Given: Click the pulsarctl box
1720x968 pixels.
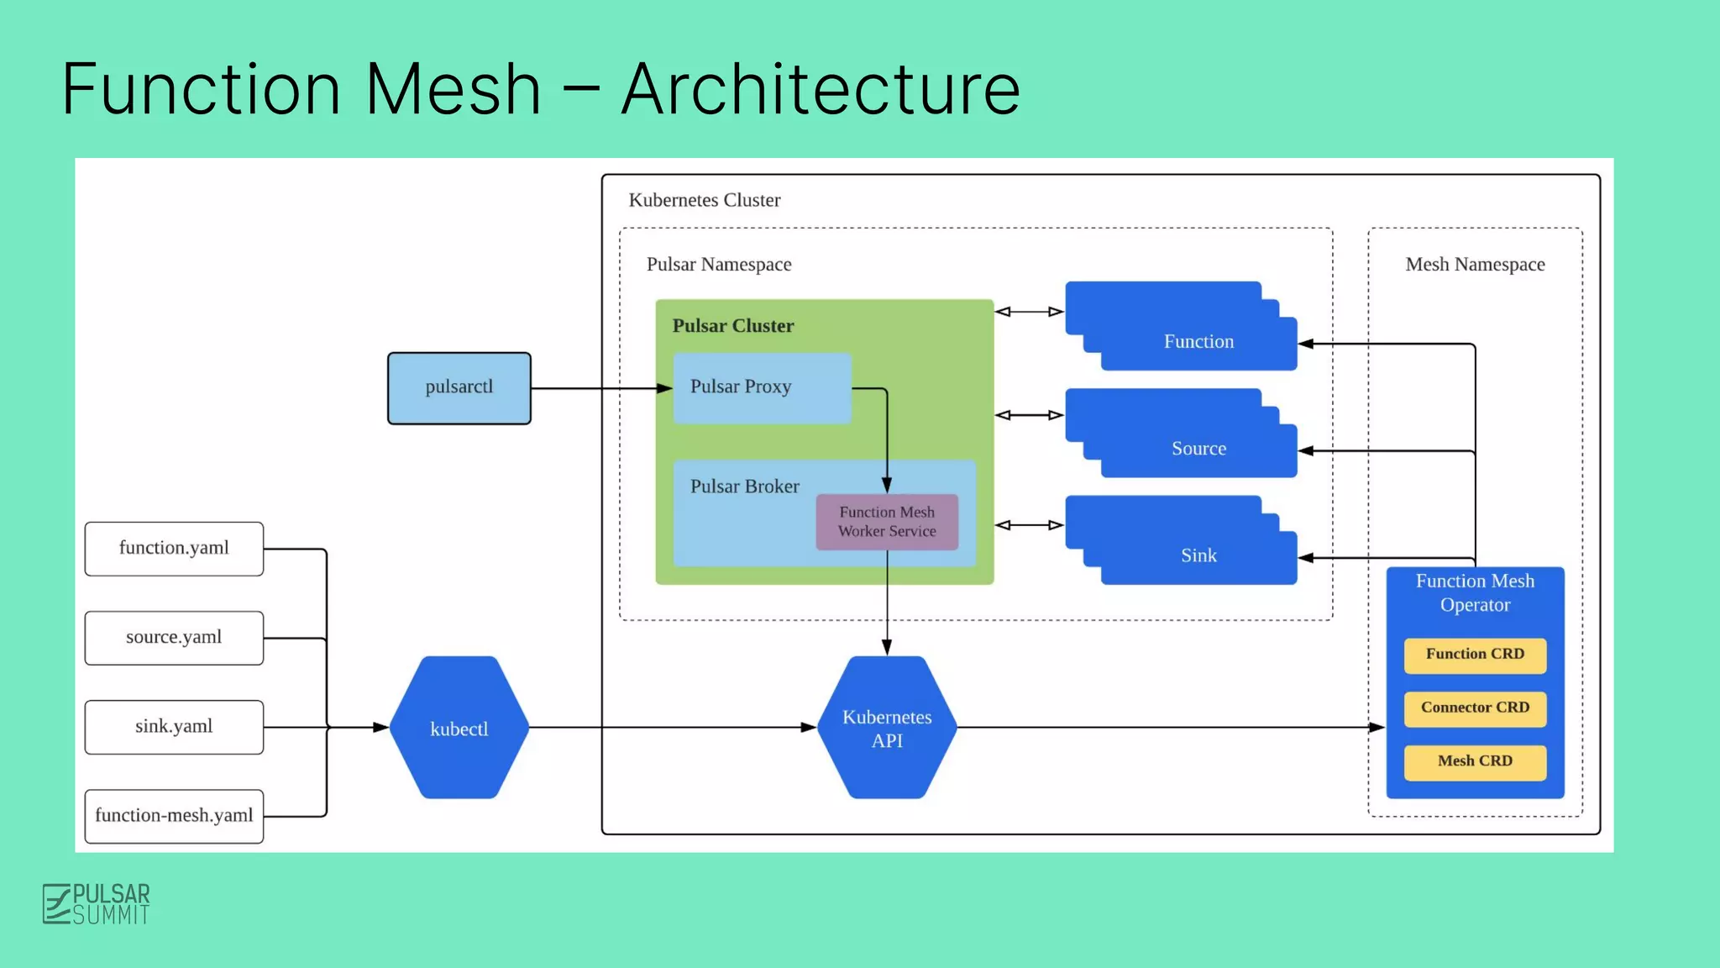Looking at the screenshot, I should coord(459,387).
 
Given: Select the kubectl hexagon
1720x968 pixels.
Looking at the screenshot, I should coord(459,728).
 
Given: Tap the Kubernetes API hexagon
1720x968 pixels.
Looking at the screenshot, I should coord(887,728).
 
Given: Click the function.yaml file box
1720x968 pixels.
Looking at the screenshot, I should coord(174,549).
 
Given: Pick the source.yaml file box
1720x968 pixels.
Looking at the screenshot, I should coord(174,638).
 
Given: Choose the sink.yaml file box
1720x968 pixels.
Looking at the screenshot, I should coord(174,727).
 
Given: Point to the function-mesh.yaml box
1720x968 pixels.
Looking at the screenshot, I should coord(174,816).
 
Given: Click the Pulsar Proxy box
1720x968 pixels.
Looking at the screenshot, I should coord(762,387).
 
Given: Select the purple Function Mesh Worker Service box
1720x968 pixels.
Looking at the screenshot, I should coord(887,522).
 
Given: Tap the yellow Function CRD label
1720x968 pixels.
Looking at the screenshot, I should coord(1475,655).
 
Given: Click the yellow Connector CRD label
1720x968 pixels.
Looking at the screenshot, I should coord(1475,708).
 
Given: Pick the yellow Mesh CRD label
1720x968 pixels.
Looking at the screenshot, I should coord(1475,761).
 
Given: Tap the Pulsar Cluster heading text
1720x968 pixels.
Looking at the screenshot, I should coord(732,326).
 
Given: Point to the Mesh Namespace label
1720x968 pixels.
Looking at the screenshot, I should coord(1475,265).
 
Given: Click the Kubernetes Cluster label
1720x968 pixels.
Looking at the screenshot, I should coord(704,201).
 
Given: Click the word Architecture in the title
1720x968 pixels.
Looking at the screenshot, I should coord(821,89).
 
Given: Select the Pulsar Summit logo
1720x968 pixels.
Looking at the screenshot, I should coord(97,904).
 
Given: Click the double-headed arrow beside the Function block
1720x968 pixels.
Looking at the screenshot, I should coord(1029,312).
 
